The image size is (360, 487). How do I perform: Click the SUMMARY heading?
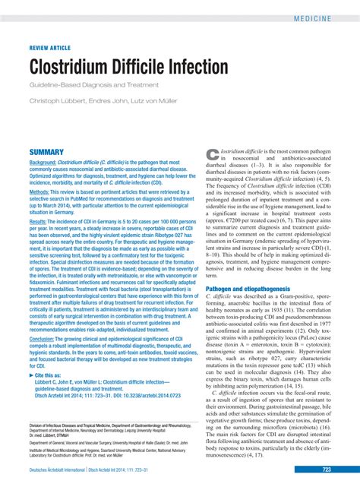pyautogui.click(x=46, y=153)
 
